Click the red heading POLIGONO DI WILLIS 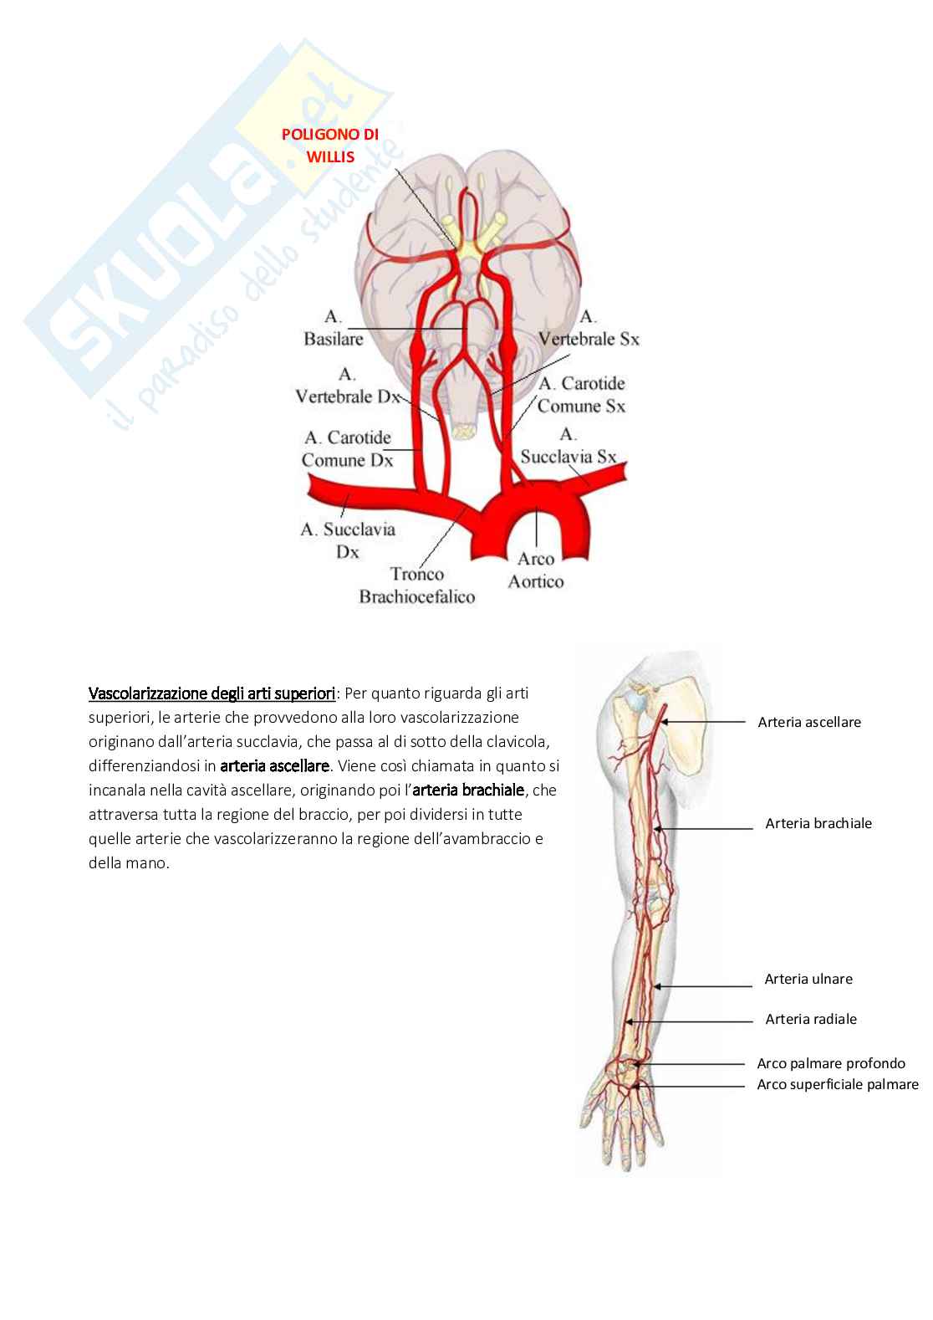(x=329, y=145)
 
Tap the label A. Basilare (x=333, y=328)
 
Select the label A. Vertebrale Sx (x=589, y=328)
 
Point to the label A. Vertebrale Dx (x=347, y=386)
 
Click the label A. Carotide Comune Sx (x=581, y=395)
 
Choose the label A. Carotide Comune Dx (x=347, y=448)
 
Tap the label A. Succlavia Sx (x=568, y=446)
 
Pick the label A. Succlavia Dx (x=348, y=540)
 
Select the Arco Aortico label (x=536, y=570)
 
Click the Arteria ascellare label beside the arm (x=808, y=722)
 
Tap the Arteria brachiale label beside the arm (x=818, y=823)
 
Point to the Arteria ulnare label (x=808, y=979)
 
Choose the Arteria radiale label (x=810, y=1019)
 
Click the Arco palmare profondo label (x=831, y=1064)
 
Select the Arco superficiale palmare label (x=837, y=1085)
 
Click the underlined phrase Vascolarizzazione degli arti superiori (x=212, y=693)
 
